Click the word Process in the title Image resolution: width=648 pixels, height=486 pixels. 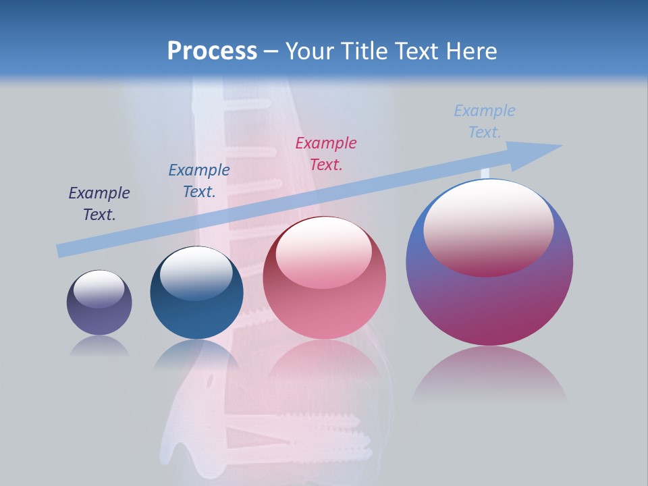point(212,51)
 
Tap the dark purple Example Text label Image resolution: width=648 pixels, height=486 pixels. point(99,204)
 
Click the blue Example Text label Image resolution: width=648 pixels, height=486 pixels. point(199,181)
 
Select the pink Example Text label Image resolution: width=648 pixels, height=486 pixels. point(326,153)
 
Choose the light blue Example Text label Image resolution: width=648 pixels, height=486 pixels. point(485,122)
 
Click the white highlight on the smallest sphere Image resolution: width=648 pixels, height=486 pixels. point(99,289)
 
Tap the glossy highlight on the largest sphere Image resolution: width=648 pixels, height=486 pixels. point(488,228)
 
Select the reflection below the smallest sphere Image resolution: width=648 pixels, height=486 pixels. point(99,346)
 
